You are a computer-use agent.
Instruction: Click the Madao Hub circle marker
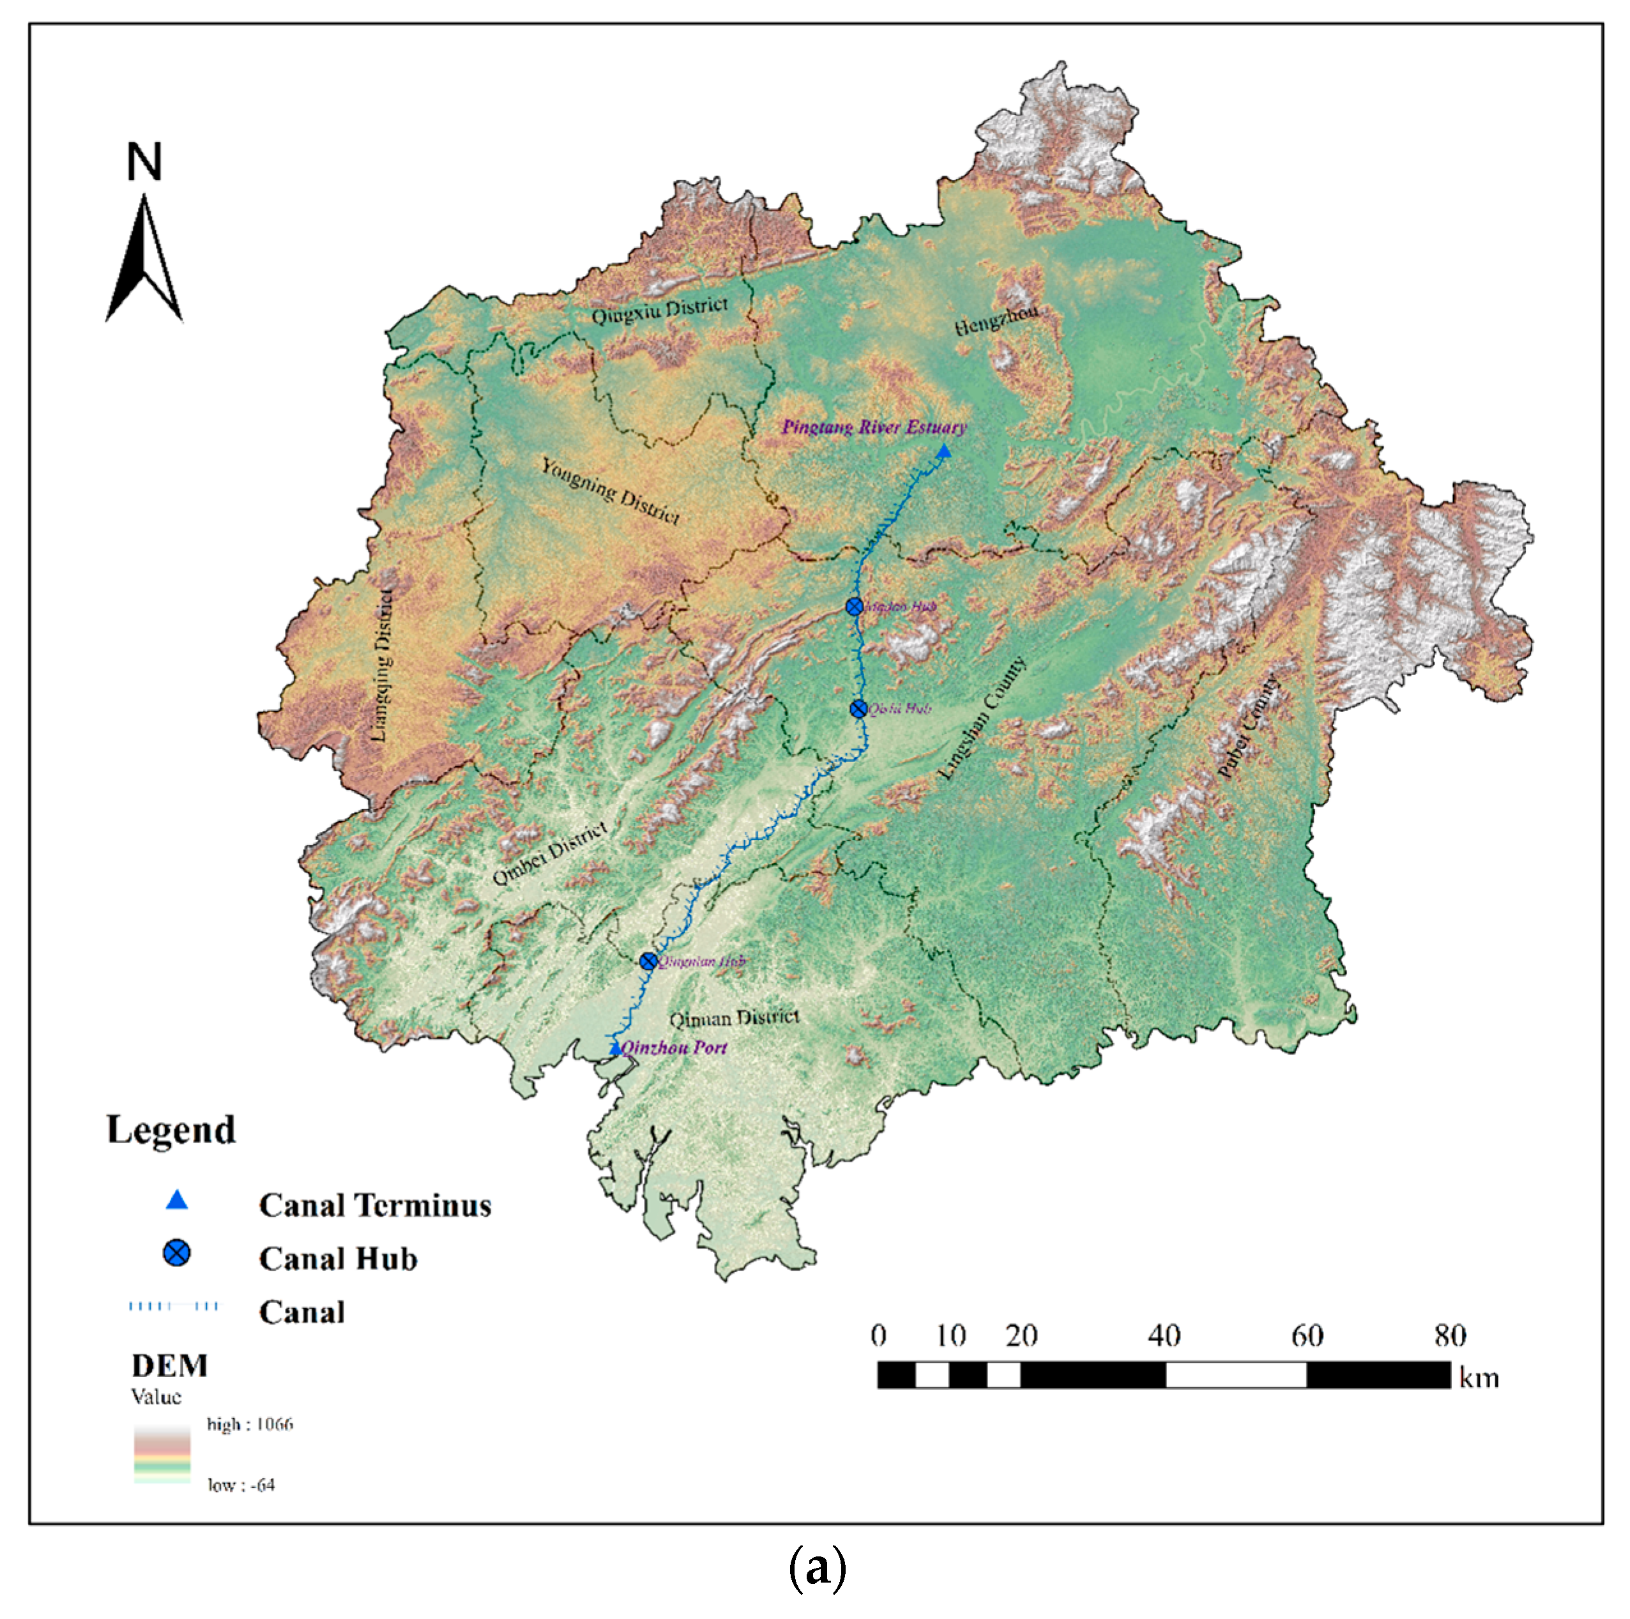pyautogui.click(x=854, y=607)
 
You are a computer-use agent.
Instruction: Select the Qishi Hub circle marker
pyautogui.click(x=858, y=709)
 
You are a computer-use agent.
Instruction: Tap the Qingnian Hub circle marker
pyautogui.click(x=648, y=961)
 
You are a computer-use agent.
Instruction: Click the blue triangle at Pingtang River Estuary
pyautogui.click(x=943, y=452)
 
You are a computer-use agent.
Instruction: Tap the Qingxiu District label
pyautogui.click(x=659, y=310)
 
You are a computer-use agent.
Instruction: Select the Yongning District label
pyautogui.click(x=610, y=491)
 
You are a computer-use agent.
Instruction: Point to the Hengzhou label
pyautogui.click(x=996, y=321)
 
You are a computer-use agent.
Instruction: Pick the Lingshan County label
pyautogui.click(x=984, y=718)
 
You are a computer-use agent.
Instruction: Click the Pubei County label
pyautogui.click(x=1249, y=727)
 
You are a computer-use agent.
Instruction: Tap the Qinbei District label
pyautogui.click(x=549, y=854)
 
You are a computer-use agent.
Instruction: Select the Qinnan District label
pyautogui.click(x=734, y=1017)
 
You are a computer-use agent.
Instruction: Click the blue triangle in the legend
pyautogui.click(x=176, y=1199)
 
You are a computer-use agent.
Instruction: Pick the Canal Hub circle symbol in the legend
pyautogui.click(x=176, y=1253)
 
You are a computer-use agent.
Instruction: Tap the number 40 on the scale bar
pyautogui.click(x=1164, y=1335)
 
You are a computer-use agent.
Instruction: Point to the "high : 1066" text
pyautogui.click(x=250, y=1424)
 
